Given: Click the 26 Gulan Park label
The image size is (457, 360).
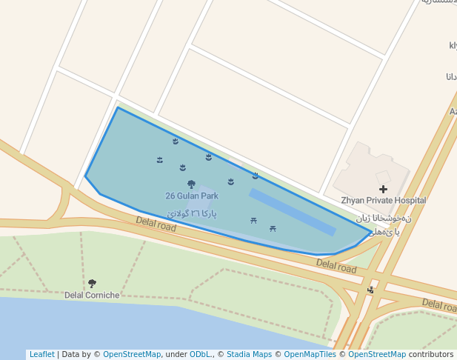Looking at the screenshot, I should click(x=192, y=196).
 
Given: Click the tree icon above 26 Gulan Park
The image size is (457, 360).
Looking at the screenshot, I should click(x=191, y=184).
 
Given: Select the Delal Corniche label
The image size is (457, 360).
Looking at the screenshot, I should click(x=92, y=295).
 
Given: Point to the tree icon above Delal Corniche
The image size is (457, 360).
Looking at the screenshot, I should click(x=92, y=284).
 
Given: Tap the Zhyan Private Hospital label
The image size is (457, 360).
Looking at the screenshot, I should click(x=383, y=200).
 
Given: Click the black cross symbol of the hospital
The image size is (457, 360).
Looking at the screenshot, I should click(x=383, y=190).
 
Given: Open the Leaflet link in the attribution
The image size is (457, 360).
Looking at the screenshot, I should click(x=41, y=354).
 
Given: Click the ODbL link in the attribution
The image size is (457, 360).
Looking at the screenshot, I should click(x=201, y=354).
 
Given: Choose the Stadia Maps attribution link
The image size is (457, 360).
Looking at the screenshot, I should click(x=249, y=354).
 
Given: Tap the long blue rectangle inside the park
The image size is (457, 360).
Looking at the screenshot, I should click(x=292, y=212).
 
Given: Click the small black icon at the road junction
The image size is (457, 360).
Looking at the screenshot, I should click(x=370, y=290).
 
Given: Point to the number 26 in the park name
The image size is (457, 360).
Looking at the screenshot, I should click(x=170, y=196).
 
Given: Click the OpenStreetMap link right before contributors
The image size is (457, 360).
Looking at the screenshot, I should click(x=376, y=354).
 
